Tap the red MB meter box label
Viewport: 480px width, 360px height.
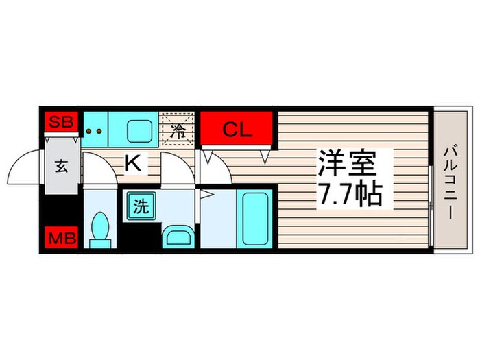(60, 238)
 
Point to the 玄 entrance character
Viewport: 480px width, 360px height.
(61, 166)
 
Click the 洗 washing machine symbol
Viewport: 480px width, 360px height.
(140, 207)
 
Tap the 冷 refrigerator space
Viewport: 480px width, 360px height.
(178, 129)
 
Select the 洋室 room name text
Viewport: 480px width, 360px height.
(348, 165)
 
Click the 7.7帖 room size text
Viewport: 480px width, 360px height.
(348, 197)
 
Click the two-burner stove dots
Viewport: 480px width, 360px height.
(95, 130)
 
